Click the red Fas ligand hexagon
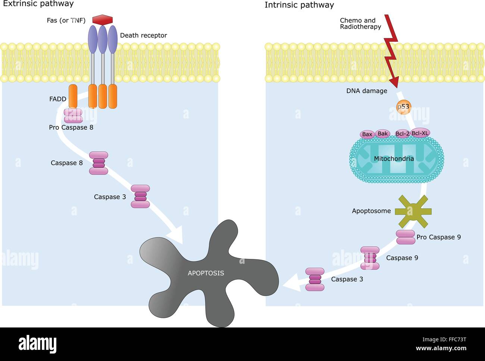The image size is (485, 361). coord(102,20)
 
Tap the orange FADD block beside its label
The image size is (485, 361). coord(73,96)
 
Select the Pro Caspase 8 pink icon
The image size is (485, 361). coord(73,116)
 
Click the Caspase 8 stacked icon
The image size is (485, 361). coord(98,163)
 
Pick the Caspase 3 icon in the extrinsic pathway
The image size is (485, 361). coord(140,196)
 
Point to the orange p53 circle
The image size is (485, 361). coord(403,107)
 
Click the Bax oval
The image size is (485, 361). coord(367,134)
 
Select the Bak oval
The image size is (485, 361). coord(383,133)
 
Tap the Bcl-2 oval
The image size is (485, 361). coord(402,134)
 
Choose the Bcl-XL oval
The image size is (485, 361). coord(420,133)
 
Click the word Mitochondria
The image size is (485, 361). coord(394,159)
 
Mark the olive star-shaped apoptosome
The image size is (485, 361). coord(413,212)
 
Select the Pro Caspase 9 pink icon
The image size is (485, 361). coord(406,237)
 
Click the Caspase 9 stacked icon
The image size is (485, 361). coord(370,258)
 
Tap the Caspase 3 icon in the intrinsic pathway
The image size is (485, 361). coord(315,279)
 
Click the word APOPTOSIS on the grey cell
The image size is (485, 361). coord(206,273)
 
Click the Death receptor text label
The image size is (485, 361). coord(143,35)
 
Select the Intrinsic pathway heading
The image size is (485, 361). coord(299,5)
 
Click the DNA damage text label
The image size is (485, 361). coord(366,91)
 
